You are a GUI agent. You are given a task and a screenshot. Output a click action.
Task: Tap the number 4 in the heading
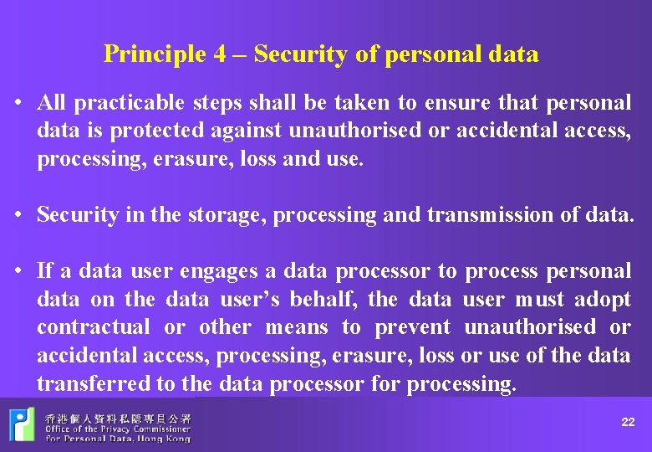click(x=219, y=54)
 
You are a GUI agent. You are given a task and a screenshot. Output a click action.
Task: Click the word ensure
click(x=456, y=103)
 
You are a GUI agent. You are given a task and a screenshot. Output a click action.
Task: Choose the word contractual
click(x=94, y=327)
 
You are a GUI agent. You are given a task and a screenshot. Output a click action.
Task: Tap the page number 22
click(x=628, y=423)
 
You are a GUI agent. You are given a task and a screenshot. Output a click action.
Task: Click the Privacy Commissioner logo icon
click(x=22, y=424)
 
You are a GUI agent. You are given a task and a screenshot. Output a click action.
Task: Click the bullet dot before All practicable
click(x=17, y=104)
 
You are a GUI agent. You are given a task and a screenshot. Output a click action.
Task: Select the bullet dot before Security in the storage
click(x=17, y=215)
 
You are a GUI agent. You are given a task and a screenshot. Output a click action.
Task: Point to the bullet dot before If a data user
click(x=17, y=271)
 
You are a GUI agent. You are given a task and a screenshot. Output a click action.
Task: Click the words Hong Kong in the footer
click(x=166, y=438)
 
